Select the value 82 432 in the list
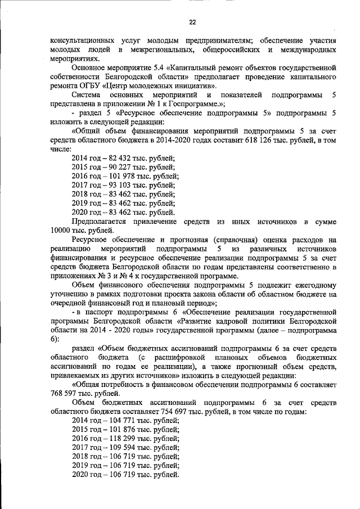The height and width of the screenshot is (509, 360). point(116,158)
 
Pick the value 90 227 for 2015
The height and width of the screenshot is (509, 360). point(116,167)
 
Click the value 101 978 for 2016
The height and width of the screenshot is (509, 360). point(118,176)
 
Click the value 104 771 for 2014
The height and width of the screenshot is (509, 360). point(118,421)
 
